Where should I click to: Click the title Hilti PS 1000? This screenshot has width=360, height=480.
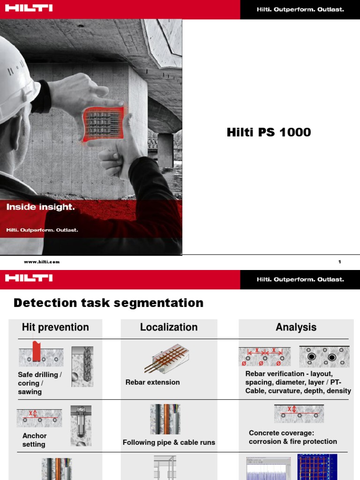pyautogui.click(x=269, y=133)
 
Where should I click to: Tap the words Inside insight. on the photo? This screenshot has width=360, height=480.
pyautogui.click(x=40, y=207)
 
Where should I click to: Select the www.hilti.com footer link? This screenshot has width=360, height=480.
pyautogui.click(x=42, y=262)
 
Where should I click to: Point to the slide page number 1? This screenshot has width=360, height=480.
pyautogui.click(x=339, y=262)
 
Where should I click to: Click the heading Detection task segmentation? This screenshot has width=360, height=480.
pyautogui.click(x=108, y=303)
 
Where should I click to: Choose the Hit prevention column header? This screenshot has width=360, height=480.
pyautogui.click(x=55, y=327)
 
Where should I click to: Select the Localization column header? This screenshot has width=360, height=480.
pyautogui.click(x=169, y=327)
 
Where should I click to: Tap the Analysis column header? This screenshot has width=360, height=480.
pyautogui.click(x=296, y=327)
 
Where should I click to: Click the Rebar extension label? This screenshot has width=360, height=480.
pyautogui.click(x=152, y=382)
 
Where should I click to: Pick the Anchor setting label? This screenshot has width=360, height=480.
pyautogui.click(x=34, y=440)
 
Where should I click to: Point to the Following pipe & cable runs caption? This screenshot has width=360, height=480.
pyautogui.click(x=169, y=442)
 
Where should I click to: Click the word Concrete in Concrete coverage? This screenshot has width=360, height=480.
pyautogui.click(x=264, y=433)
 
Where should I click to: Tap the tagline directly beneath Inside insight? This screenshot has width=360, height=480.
pyautogui.click(x=42, y=230)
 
